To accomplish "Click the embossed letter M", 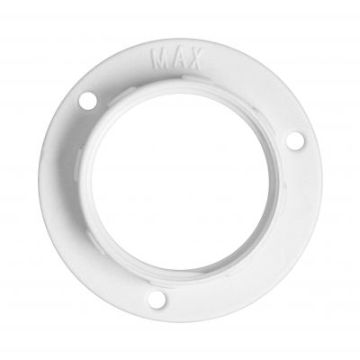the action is click(x=158, y=58).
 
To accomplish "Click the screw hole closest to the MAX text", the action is click(x=88, y=101).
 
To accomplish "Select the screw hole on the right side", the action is click(x=295, y=141).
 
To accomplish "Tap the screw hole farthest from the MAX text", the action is click(x=157, y=300).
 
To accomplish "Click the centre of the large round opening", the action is click(x=181, y=181).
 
